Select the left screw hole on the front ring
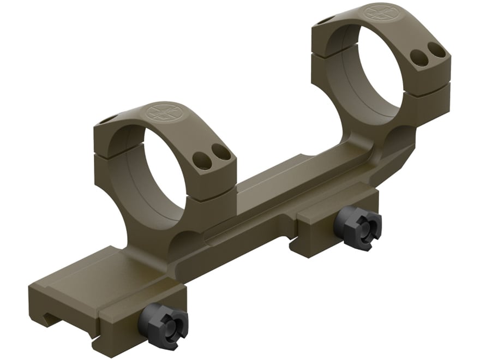tap(202, 158)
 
